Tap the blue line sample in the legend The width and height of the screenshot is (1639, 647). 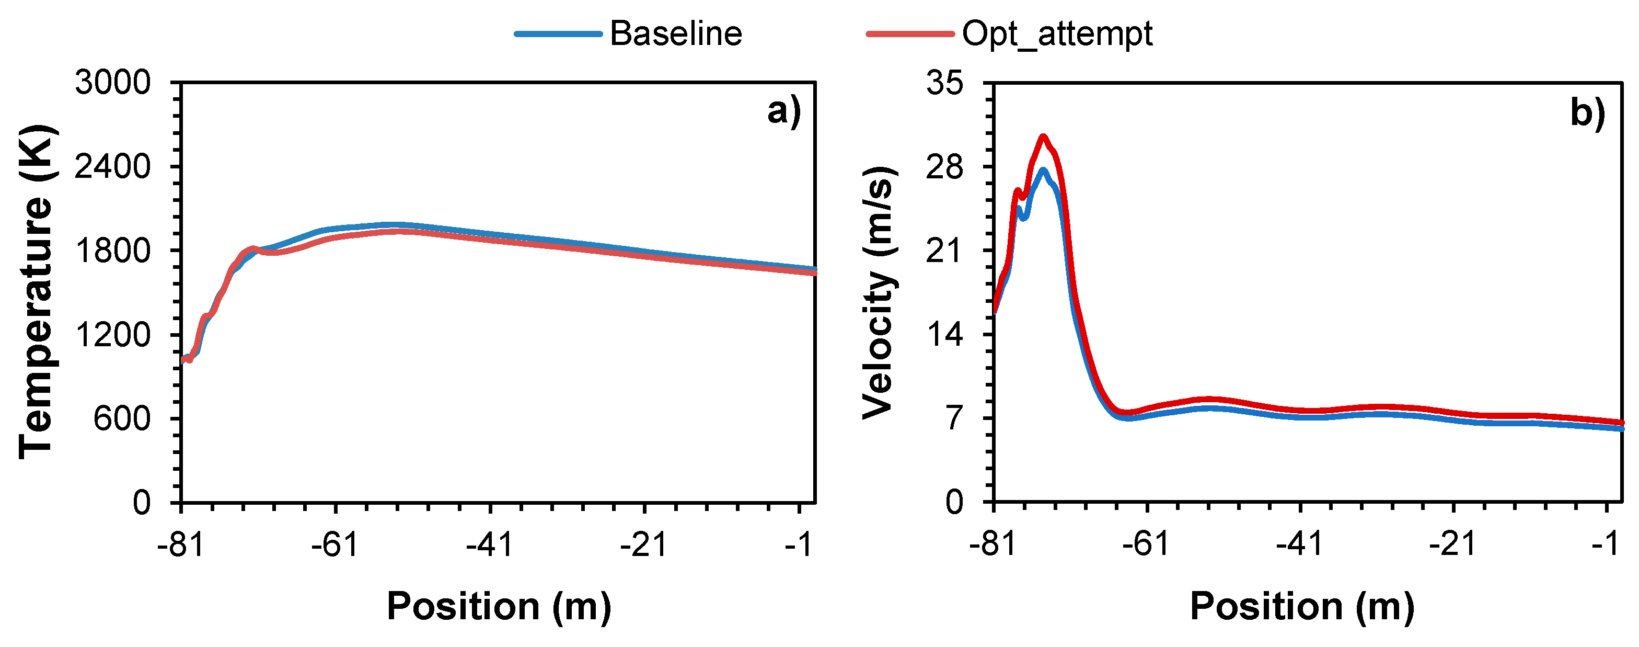tap(558, 34)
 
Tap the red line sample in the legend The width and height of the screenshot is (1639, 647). tap(910, 34)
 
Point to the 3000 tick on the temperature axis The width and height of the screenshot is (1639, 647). tap(112, 83)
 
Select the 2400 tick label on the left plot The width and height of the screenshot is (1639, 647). tap(112, 167)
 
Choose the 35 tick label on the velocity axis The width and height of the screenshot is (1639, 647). tap(945, 83)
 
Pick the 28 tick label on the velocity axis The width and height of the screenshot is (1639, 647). tap(945, 167)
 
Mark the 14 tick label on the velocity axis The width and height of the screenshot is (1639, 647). tap(945, 334)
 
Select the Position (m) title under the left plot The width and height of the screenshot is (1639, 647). tap(499, 606)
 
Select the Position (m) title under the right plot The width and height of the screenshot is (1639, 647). tap(1302, 606)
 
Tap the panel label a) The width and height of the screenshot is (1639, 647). tap(784, 112)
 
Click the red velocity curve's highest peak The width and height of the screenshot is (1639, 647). tap(1043, 137)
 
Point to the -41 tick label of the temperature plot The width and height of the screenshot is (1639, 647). tap(489, 545)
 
